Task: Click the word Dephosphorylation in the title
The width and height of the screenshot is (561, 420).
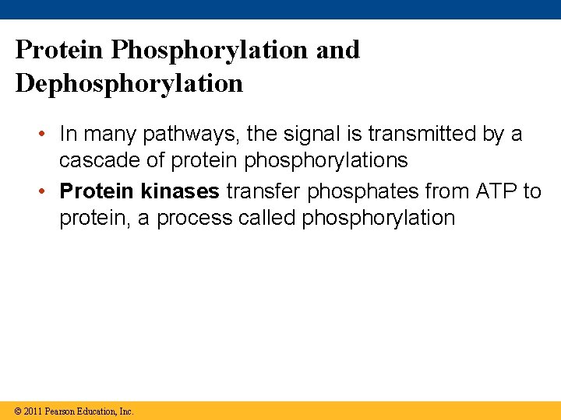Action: click(129, 83)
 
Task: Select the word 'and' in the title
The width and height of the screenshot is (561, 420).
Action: click(337, 50)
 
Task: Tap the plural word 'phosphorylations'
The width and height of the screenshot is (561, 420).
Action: click(326, 161)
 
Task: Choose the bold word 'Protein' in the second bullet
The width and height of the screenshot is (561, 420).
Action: click(97, 191)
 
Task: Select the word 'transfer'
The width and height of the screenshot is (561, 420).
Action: click(262, 191)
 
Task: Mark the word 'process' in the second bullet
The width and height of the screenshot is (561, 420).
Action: click(195, 219)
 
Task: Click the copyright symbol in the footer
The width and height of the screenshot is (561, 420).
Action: click(18, 411)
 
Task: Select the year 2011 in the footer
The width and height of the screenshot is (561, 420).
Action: click(33, 411)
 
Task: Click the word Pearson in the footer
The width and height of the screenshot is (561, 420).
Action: click(61, 411)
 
